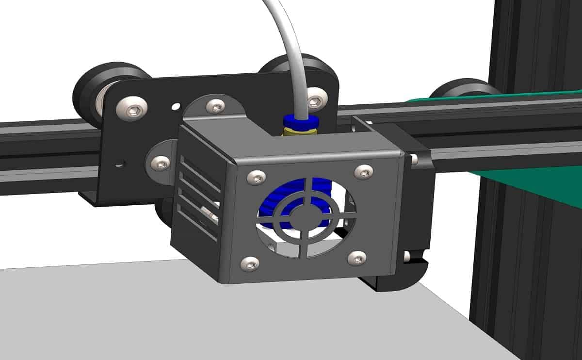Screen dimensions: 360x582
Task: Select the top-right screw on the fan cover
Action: click(363, 171)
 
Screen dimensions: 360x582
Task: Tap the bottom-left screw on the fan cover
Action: click(250, 263)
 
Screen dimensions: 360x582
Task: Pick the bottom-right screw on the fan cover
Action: click(357, 258)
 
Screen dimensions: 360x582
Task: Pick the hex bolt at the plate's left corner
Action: click(135, 110)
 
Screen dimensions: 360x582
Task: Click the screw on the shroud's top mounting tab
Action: click(215, 105)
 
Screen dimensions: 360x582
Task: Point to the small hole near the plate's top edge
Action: click(176, 105)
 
